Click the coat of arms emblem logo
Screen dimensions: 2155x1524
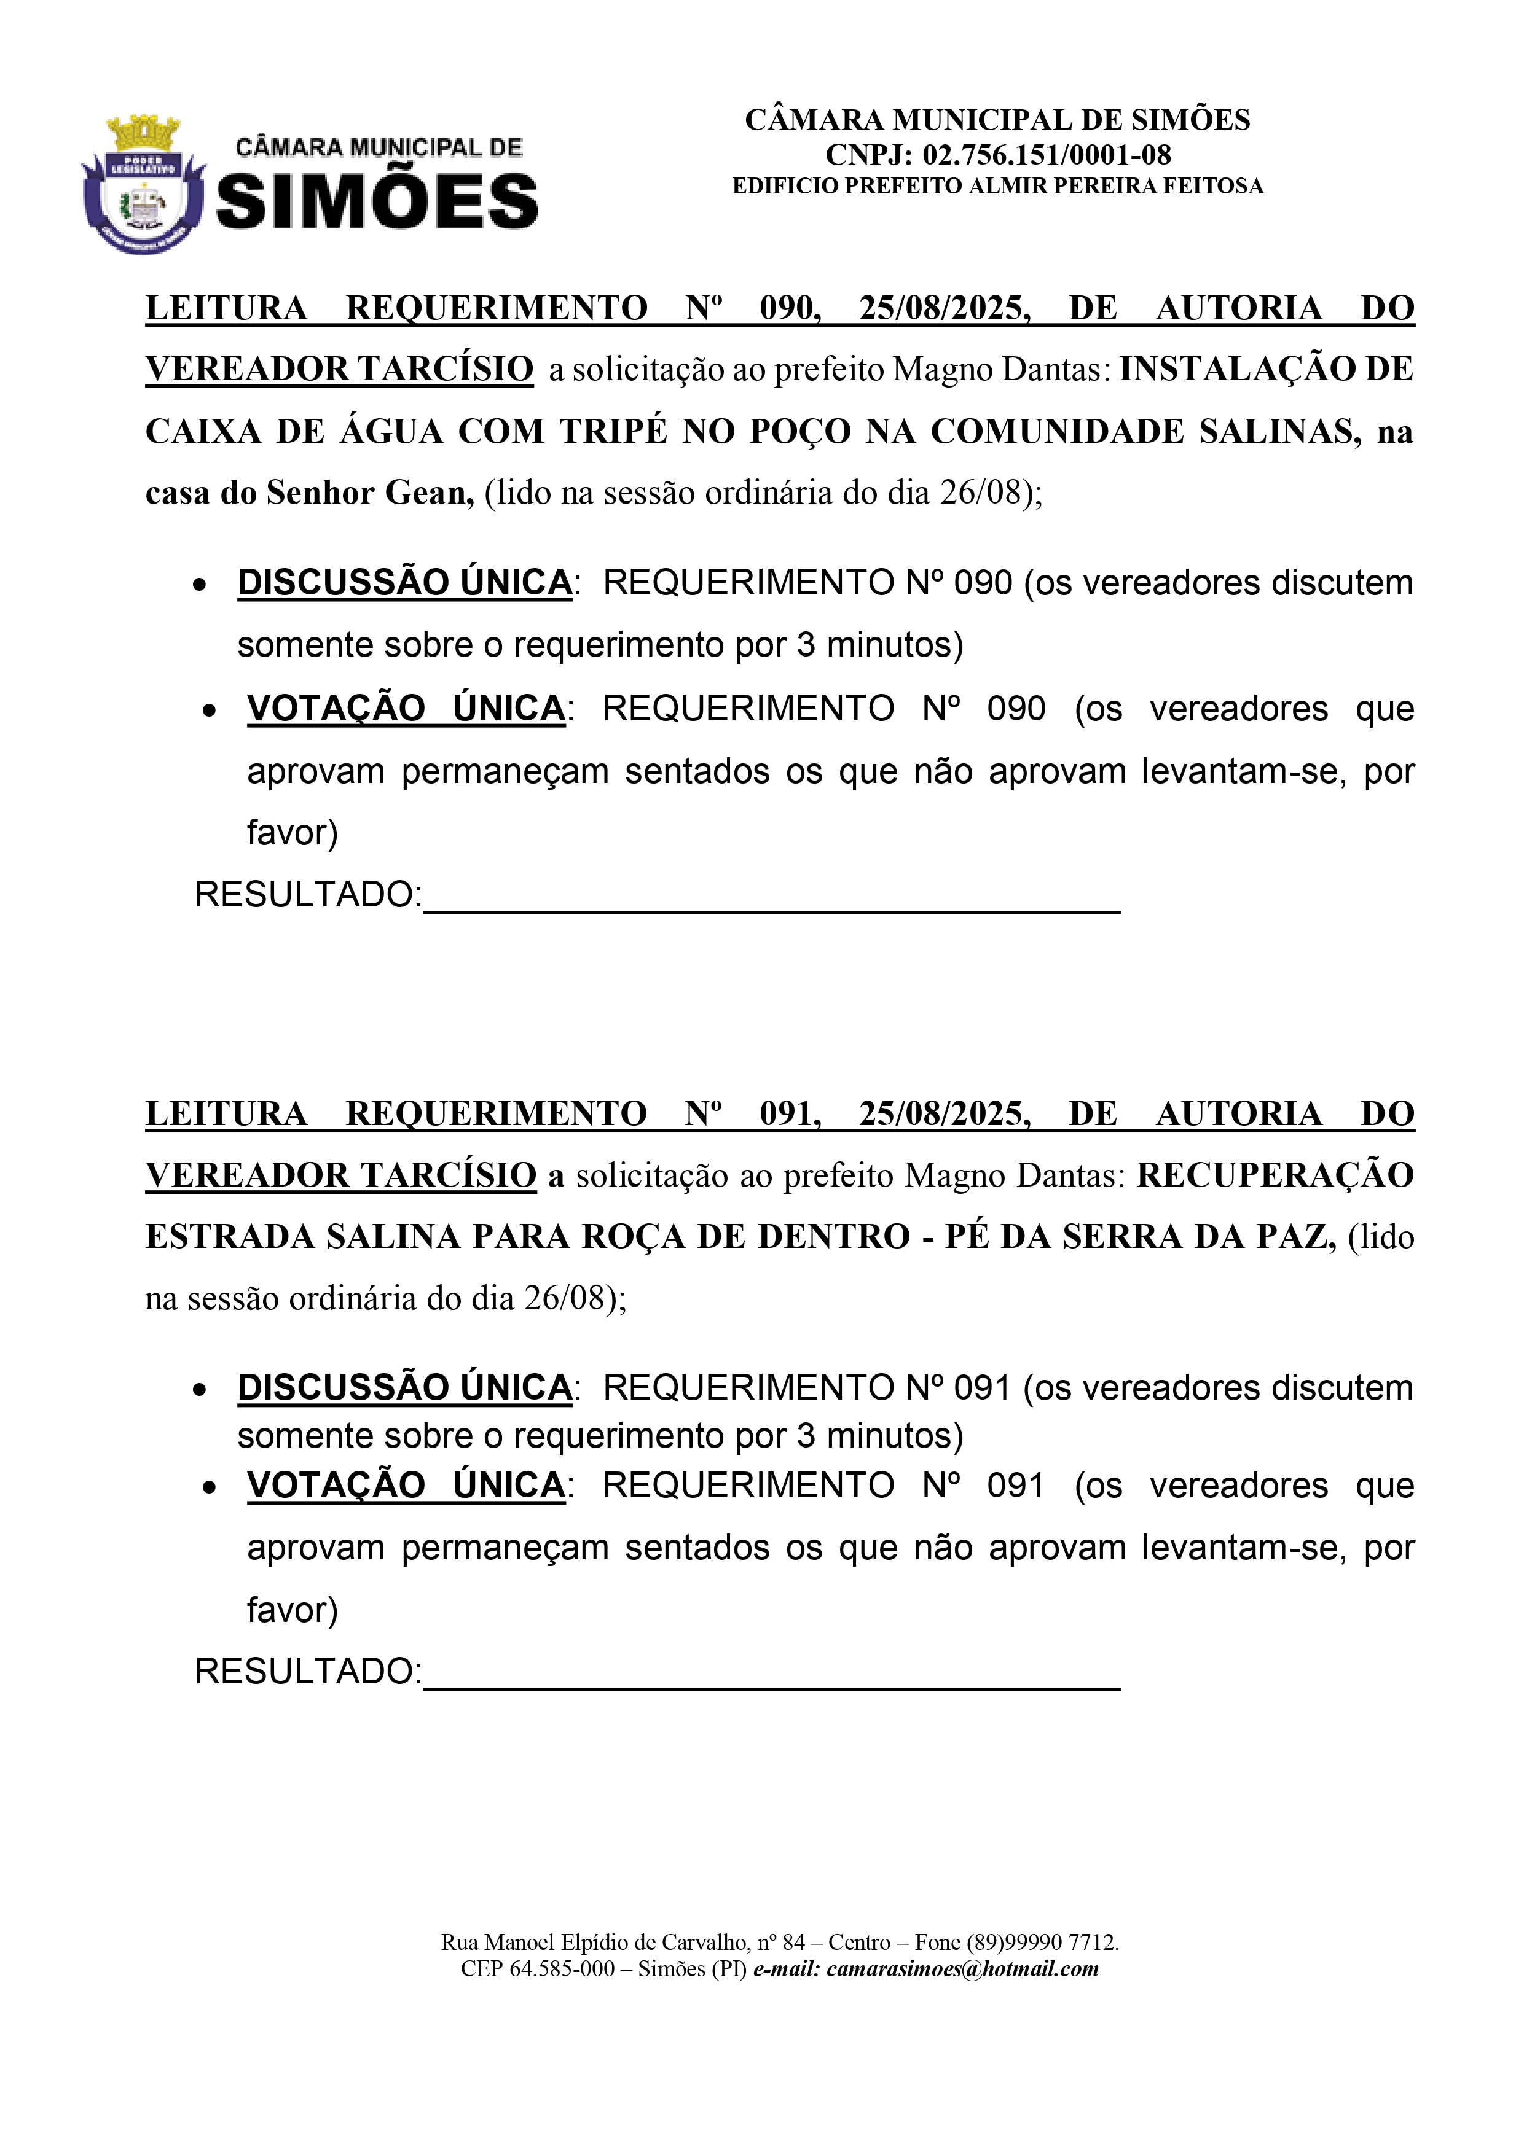[x=143, y=185]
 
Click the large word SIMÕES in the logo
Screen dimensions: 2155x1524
[x=377, y=203]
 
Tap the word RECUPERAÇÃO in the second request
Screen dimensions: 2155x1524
[x=1275, y=1175]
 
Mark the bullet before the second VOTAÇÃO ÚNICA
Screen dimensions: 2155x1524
[x=210, y=1487]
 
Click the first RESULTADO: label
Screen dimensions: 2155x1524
[x=308, y=894]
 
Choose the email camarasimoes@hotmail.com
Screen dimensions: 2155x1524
[x=962, y=1969]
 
